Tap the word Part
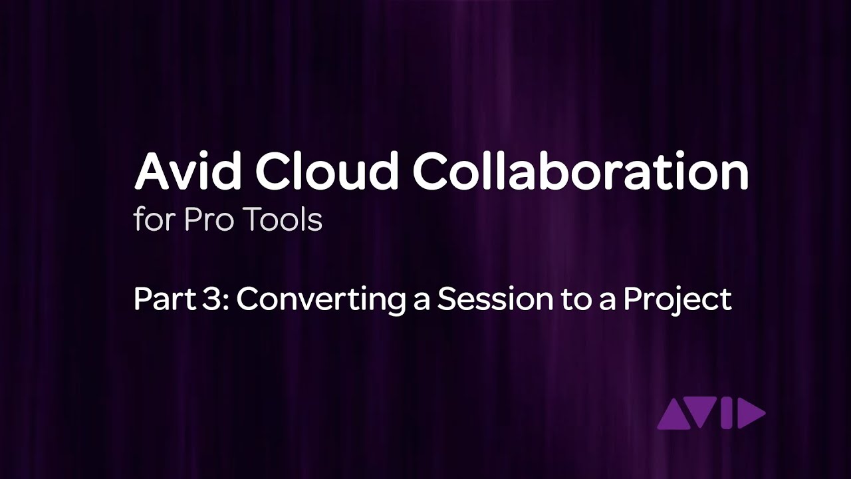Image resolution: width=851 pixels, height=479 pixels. coord(160,299)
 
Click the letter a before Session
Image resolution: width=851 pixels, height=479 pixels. coord(421,301)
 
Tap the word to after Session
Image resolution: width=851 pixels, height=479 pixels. coord(560,300)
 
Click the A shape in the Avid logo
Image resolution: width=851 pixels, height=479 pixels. coord(671,416)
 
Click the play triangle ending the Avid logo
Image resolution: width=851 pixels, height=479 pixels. coord(751,415)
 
